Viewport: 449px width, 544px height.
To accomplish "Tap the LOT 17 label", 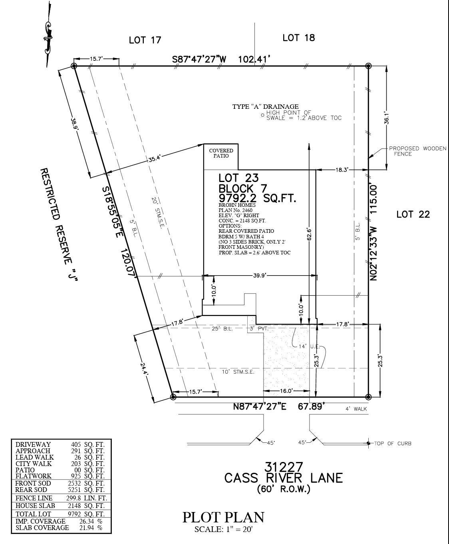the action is [x=145, y=40].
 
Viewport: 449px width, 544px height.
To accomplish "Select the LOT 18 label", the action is [x=299, y=38].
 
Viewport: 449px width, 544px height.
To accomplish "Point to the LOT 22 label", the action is [x=413, y=214].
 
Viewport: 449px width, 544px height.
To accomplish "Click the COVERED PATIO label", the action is [x=221, y=153].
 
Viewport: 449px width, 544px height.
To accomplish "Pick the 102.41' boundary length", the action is [x=253, y=60].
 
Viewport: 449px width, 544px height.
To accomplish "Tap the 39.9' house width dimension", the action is [x=259, y=275].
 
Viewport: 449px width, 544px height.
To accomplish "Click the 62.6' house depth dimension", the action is [x=309, y=234].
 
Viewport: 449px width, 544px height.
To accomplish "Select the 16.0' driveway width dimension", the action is [x=286, y=391].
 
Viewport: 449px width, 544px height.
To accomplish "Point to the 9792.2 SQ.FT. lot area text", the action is [x=257, y=198].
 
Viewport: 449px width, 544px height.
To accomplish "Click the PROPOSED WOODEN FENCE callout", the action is [x=417, y=151].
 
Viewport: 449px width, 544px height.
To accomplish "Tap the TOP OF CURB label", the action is [x=393, y=444].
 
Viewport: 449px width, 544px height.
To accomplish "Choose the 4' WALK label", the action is [x=356, y=409].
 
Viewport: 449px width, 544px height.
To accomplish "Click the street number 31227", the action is [x=284, y=467].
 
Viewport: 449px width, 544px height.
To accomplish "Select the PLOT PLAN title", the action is [x=223, y=517].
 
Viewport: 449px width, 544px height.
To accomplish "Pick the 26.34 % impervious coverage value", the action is [x=91, y=521].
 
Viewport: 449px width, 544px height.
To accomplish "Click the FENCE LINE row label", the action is [x=34, y=498].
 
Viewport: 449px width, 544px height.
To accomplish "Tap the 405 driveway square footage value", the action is [x=76, y=444].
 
